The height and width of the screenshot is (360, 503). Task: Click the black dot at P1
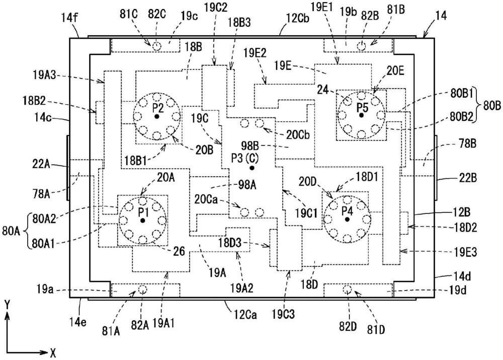pos(143,221)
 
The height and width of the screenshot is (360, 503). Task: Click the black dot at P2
pos(157,116)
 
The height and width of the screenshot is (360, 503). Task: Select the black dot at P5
pos(361,115)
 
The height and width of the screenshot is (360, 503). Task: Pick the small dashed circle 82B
pos(361,46)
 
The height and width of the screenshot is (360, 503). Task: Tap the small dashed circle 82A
pos(142,290)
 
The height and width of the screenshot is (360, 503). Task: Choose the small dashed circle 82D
pos(347,290)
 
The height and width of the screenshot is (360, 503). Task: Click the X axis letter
pos(52,351)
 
